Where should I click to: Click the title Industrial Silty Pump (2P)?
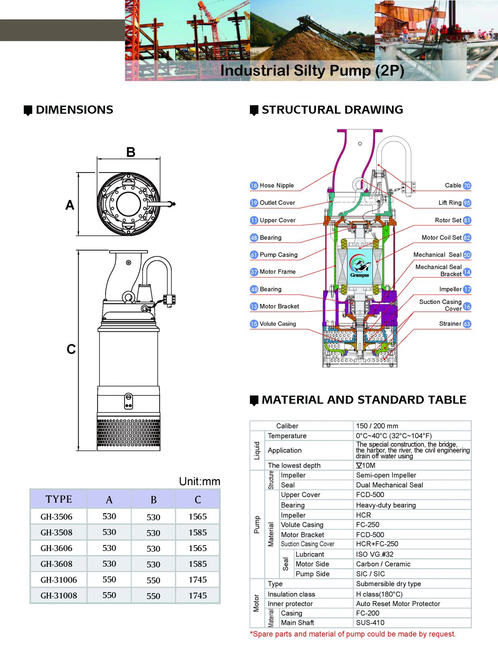(312, 71)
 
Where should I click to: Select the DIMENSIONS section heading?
(74, 110)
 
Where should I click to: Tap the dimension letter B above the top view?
(131, 152)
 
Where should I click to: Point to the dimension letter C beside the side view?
(71, 349)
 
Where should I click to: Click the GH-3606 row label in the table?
(56, 548)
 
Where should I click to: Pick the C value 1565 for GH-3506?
(197, 516)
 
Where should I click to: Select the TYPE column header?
(59, 499)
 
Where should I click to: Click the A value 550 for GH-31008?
(109, 595)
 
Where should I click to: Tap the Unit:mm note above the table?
(199, 481)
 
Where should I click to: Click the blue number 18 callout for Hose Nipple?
(254, 185)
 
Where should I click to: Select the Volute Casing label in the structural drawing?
(278, 324)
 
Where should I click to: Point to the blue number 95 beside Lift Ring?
(467, 203)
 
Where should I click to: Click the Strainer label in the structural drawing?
(450, 324)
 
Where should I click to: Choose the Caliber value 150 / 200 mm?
(377, 426)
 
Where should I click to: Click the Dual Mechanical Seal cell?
(389, 485)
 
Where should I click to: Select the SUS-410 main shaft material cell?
(370, 622)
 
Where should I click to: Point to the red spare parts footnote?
(353, 634)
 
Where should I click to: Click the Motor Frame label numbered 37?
(278, 272)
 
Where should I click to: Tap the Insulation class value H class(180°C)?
(379, 594)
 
